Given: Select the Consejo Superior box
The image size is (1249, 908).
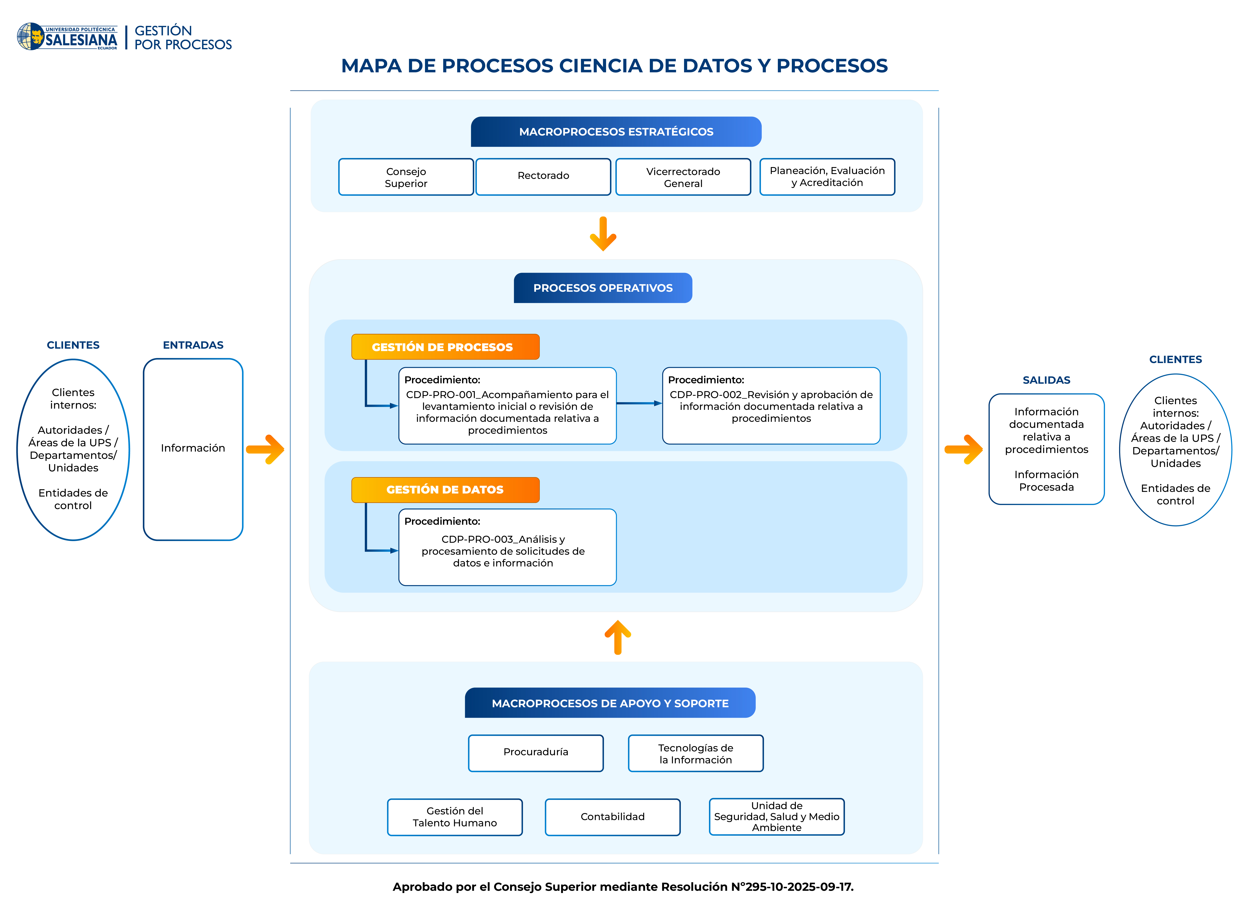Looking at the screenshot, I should [x=406, y=177].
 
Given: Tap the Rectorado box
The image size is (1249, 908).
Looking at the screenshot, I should [x=543, y=177].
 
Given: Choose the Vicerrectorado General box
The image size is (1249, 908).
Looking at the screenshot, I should [x=683, y=177].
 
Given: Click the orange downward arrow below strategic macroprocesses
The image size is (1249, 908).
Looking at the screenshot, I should [x=603, y=234].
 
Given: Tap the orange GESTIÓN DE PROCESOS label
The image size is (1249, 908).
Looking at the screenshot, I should [x=445, y=347].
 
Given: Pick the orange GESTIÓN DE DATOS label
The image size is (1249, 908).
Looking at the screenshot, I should [x=445, y=489].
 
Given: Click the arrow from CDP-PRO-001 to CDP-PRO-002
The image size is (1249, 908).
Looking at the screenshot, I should [x=639, y=404].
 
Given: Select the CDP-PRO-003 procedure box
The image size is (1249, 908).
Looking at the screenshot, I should [x=507, y=547].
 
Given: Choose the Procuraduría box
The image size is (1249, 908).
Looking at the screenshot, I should [x=536, y=753].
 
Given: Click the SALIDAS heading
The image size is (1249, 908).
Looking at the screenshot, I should [x=1046, y=380].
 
